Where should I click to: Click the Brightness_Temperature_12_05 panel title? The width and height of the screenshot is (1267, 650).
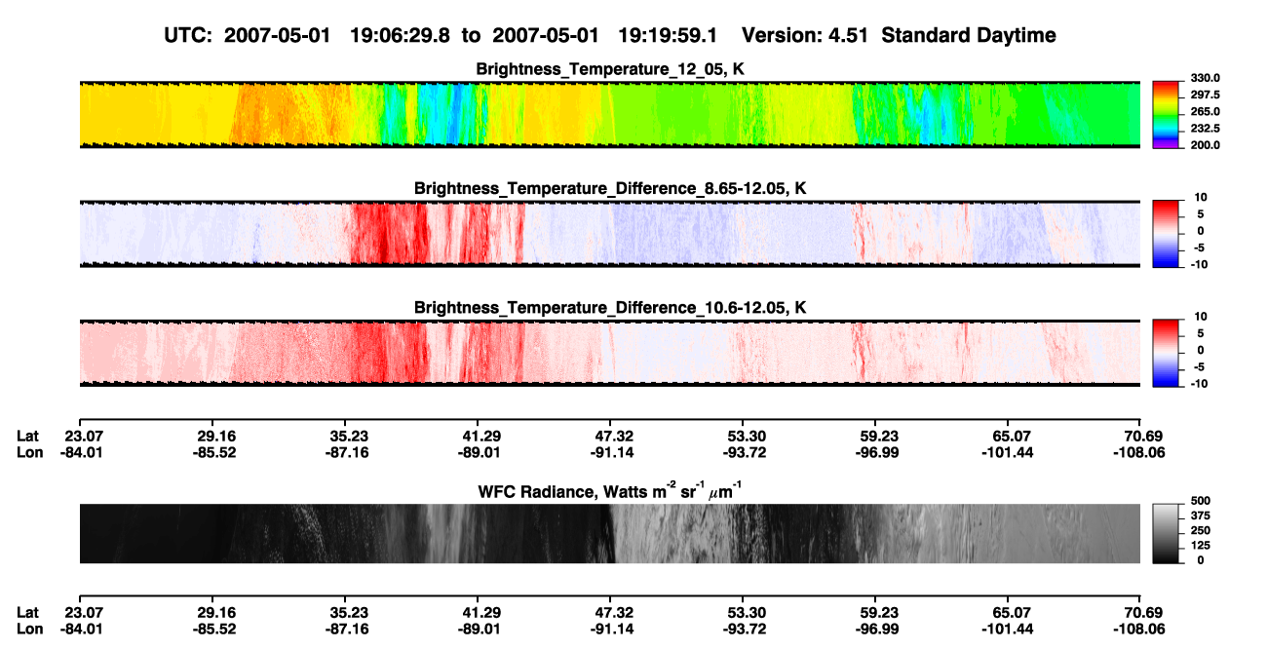coord(610,69)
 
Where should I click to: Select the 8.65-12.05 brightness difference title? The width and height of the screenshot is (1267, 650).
coord(610,188)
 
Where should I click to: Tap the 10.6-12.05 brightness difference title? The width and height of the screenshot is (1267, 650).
coord(610,308)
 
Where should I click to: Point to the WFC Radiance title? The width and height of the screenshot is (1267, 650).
coord(610,491)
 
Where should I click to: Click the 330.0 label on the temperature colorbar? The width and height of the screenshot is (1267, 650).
coord(1205,78)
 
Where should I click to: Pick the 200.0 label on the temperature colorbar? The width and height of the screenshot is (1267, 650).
coord(1205,145)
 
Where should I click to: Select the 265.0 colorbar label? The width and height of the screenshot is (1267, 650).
coord(1205,111)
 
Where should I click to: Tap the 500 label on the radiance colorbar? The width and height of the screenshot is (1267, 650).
coord(1201,501)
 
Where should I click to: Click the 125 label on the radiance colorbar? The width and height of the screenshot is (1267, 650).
coord(1201,546)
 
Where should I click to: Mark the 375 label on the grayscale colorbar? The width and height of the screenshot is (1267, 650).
coord(1201,516)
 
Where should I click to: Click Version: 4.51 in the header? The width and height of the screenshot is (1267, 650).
coord(805,35)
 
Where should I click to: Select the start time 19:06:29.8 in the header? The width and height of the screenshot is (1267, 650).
coord(400,35)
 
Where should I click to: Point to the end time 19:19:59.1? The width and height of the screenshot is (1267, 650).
coord(668,35)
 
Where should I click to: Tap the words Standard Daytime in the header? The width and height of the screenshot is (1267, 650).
coord(969,35)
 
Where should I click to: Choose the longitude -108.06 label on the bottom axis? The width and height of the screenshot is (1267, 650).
coord(1139,630)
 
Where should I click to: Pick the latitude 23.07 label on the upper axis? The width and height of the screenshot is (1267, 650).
coord(83,437)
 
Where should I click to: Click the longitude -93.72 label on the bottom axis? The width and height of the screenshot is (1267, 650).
coord(745,630)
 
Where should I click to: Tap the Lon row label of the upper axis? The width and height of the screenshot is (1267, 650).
coord(30,452)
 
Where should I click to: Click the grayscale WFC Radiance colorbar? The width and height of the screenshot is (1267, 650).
coord(1166,533)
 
